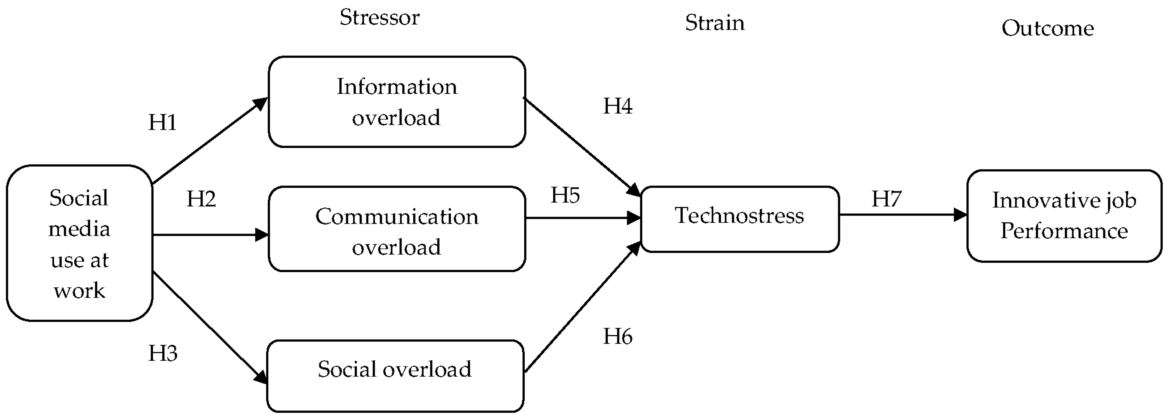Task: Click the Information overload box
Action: [x=397, y=102]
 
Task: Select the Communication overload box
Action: [x=397, y=229]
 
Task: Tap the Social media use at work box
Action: [x=79, y=243]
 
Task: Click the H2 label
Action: [x=201, y=199]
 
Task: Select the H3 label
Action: [x=163, y=353]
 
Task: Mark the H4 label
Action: [x=617, y=106]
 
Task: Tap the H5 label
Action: [x=565, y=195]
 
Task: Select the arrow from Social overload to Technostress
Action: [x=580, y=309]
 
